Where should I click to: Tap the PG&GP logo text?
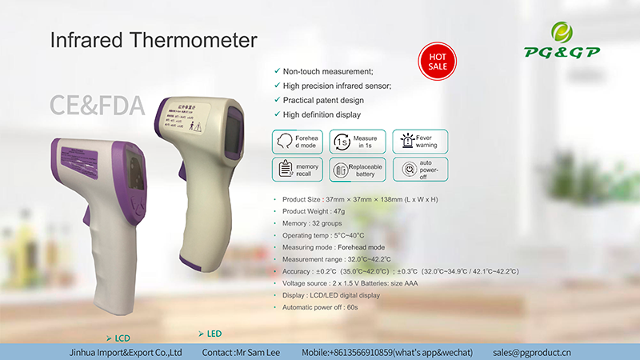[x=563, y=53]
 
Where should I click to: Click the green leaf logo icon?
[x=563, y=32]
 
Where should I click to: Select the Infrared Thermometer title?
[x=154, y=39]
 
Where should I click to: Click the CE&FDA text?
[x=97, y=105]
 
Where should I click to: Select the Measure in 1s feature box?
[x=358, y=142]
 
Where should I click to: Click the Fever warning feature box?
[x=420, y=142]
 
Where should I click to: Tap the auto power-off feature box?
[x=420, y=170]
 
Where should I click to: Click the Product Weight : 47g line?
[x=318, y=210]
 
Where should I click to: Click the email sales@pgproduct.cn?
[x=531, y=352]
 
